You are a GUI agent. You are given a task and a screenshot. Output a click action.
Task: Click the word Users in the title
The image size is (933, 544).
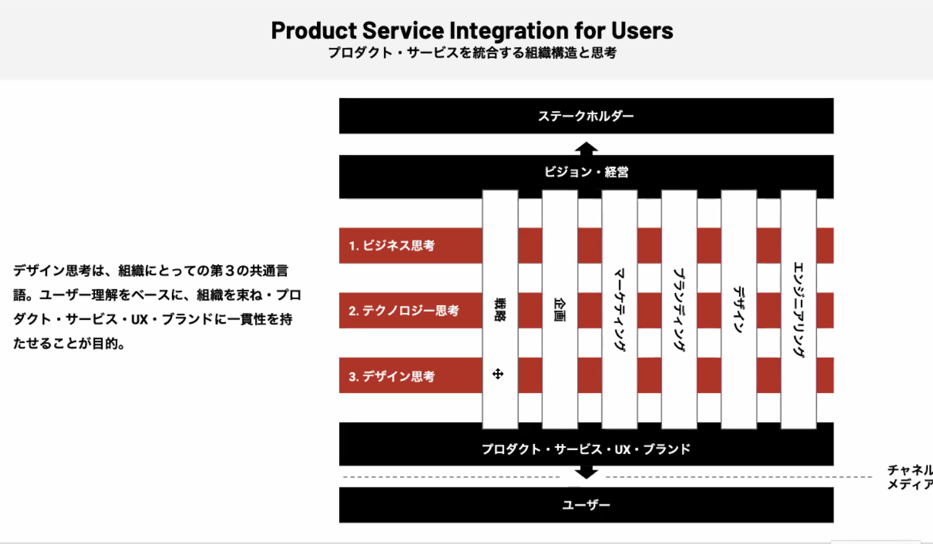[x=642, y=30]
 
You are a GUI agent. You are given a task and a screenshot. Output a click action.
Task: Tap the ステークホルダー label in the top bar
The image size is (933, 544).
[x=586, y=116]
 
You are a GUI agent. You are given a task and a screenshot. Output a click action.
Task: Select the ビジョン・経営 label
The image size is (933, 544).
[x=586, y=171]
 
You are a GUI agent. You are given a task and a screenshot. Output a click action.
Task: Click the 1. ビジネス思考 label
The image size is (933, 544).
[x=391, y=245]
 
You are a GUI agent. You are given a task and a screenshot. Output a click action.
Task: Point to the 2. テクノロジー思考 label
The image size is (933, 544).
[x=404, y=311]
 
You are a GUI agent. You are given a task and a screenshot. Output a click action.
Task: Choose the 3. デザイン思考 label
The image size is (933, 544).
[x=391, y=376]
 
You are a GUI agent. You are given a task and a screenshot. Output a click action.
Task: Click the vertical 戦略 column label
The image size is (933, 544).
[x=500, y=309]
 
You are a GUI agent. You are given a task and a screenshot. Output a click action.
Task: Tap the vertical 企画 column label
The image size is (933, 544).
[x=560, y=309]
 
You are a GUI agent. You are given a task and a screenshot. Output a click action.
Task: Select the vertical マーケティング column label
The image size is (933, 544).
[x=619, y=309]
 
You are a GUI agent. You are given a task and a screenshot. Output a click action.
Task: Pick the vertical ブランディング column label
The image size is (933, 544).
[x=679, y=309]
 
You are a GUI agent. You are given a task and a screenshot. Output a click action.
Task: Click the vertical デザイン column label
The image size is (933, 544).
[x=739, y=309]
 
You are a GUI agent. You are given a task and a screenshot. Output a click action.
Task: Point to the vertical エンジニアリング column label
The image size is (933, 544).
[x=798, y=309]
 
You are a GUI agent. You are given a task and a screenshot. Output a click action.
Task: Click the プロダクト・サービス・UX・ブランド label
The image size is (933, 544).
[x=586, y=449]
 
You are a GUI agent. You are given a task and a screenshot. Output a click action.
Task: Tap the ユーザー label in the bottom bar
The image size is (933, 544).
[x=586, y=505]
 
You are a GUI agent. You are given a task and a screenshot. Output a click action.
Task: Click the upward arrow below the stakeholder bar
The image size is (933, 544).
[x=586, y=148]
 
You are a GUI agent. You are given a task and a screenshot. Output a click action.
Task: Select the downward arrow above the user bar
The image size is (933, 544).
[x=586, y=473]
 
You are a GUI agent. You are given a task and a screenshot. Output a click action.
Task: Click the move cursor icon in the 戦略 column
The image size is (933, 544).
[x=498, y=374]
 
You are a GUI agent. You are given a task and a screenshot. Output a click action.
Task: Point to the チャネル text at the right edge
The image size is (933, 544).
[x=910, y=470]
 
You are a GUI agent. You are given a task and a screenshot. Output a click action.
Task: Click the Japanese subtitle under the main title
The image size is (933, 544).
[x=472, y=53]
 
